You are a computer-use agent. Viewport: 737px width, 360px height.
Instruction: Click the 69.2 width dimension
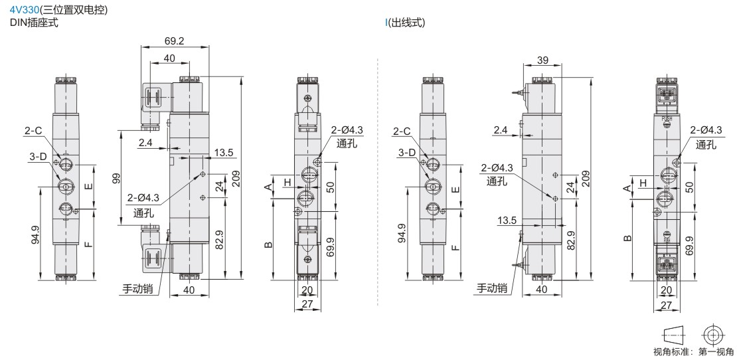pyautogui.click(x=175, y=41)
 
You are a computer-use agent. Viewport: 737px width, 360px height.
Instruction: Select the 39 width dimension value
pyautogui.click(x=542, y=60)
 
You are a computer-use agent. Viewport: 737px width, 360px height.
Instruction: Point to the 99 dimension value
pyautogui.click(x=117, y=178)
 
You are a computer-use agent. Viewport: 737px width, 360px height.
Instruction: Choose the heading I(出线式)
pyautogui.click(x=405, y=23)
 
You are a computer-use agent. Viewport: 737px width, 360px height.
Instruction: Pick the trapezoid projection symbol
pyautogui.click(x=673, y=335)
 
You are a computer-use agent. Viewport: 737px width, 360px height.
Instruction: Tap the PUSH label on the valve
pyautogui.click(x=667, y=119)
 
